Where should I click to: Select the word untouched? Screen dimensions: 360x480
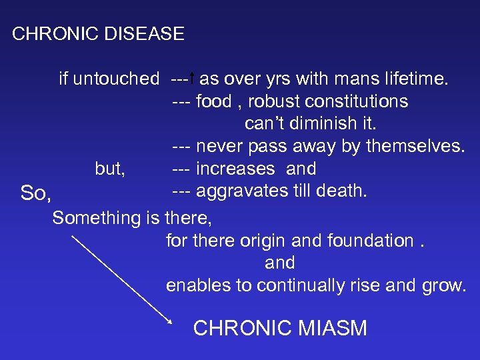[x=115, y=79]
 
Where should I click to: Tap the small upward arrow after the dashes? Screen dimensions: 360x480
[x=192, y=79]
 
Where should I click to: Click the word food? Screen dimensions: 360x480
[x=214, y=102]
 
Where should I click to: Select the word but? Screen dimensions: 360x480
[x=109, y=169]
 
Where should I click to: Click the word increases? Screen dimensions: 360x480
[x=235, y=169]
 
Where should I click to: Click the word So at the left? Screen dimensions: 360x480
[x=35, y=194]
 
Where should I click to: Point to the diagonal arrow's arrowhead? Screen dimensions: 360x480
[x=169, y=321]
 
